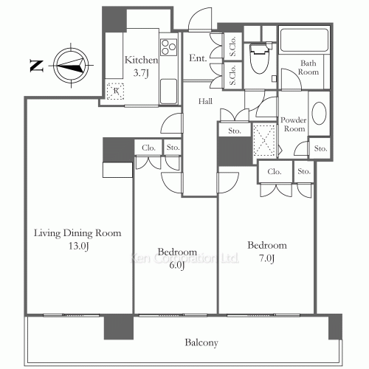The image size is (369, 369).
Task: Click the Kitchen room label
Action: tap(141, 60)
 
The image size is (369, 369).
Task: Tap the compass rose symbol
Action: tap(71, 66)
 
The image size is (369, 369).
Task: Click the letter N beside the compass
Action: tap(36, 66)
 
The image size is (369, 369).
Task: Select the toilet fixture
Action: tap(259, 58)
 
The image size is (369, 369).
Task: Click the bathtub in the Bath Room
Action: tap(304, 41)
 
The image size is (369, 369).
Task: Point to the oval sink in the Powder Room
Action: tap(319, 113)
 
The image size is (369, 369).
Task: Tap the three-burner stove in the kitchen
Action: tap(168, 47)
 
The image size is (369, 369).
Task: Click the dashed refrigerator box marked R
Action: tap(115, 92)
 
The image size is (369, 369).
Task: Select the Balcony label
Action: tap(201, 342)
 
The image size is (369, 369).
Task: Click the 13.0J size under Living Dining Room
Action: tap(78, 246)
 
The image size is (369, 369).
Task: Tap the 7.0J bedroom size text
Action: tap(267, 258)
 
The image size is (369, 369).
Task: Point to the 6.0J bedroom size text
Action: tap(177, 266)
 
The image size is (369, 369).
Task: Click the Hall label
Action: tap(205, 101)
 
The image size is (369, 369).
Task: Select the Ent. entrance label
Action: tap(198, 58)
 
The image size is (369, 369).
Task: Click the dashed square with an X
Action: tap(264, 140)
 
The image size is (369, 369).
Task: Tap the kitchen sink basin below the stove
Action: tap(168, 92)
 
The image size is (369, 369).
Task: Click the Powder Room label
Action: tap(294, 124)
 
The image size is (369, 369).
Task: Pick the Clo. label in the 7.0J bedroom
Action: tap(275, 171)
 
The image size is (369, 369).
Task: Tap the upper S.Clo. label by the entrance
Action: tap(232, 46)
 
